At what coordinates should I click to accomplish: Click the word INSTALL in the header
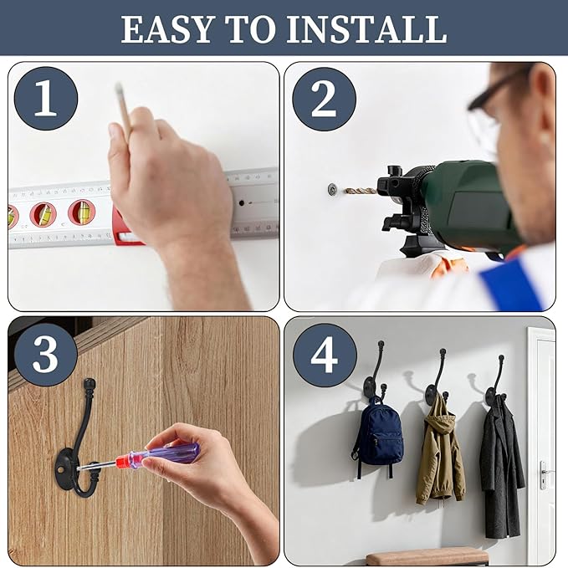coord(363,28)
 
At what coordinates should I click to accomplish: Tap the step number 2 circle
coord(324,99)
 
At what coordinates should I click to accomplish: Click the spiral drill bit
coord(360,191)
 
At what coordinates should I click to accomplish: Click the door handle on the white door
coord(544,473)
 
